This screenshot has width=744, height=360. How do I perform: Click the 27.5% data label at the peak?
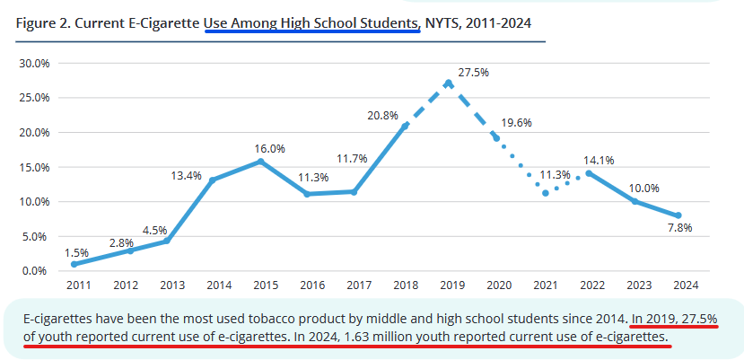pos(473,72)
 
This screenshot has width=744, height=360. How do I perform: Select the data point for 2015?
pos(261,162)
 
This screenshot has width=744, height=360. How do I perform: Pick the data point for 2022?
pos(589,173)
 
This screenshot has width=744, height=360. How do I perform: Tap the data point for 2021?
pos(545,193)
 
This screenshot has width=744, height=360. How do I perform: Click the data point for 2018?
pos(405,126)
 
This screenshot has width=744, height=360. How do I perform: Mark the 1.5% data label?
pos(77,253)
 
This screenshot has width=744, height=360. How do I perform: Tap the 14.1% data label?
pos(599,162)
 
